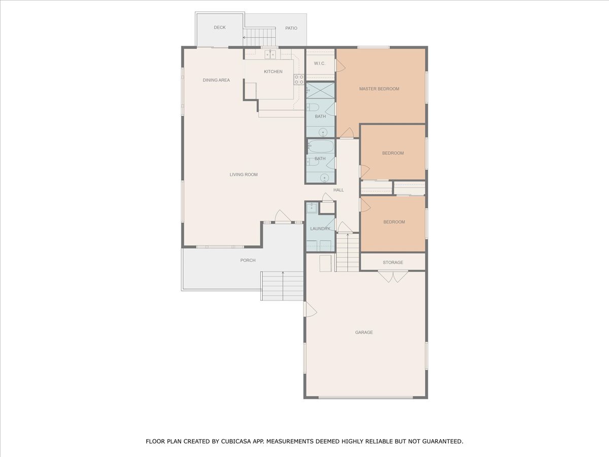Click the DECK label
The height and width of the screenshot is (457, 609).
point(219,27)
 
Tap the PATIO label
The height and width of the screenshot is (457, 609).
point(291,28)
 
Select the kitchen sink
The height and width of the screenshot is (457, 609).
point(270,55)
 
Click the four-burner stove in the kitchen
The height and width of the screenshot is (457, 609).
point(299,79)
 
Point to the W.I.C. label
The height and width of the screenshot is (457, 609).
point(320,63)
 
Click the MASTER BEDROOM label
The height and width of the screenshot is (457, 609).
point(379,89)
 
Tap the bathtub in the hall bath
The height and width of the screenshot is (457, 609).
point(321,146)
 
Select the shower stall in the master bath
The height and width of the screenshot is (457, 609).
point(320,90)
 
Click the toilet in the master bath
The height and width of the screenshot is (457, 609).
point(313,107)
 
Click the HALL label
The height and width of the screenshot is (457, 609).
point(339,190)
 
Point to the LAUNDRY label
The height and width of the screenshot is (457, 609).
point(320,228)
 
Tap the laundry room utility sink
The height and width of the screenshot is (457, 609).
point(312,208)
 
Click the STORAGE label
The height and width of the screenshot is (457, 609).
point(393,263)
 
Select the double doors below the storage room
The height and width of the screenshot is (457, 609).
point(393,277)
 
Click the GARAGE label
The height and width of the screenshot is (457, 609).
point(364,333)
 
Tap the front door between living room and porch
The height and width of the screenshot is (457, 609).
point(283,217)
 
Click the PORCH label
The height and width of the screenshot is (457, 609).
point(248,260)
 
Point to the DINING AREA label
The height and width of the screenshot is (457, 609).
point(216,80)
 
